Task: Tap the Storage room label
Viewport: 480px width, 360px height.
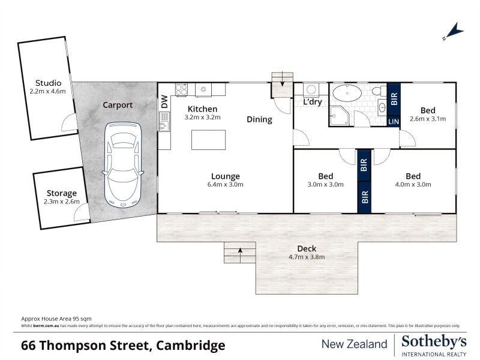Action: [x=62, y=193]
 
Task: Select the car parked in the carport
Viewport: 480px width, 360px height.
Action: [x=123, y=163]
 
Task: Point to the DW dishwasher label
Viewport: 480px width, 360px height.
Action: [x=164, y=102]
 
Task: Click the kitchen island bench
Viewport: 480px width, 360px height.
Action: [x=208, y=140]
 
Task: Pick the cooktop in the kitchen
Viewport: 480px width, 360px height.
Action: [x=181, y=89]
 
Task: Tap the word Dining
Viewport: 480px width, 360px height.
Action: [x=259, y=119]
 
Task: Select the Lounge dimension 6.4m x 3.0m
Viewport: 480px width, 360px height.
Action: [x=226, y=185]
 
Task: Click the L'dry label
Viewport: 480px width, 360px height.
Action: [x=313, y=103]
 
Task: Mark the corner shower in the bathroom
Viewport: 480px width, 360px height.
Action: [x=339, y=116]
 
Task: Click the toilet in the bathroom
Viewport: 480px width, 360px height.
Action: [x=377, y=91]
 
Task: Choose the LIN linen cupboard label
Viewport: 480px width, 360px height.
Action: [x=394, y=121]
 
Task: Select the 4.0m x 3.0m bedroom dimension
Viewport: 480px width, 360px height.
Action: [x=413, y=185]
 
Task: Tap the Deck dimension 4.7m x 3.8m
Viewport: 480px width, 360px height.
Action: [x=307, y=257]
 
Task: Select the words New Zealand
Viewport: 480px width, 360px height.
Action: [x=355, y=344]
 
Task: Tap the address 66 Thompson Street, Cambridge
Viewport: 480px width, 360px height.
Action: [x=123, y=346]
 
